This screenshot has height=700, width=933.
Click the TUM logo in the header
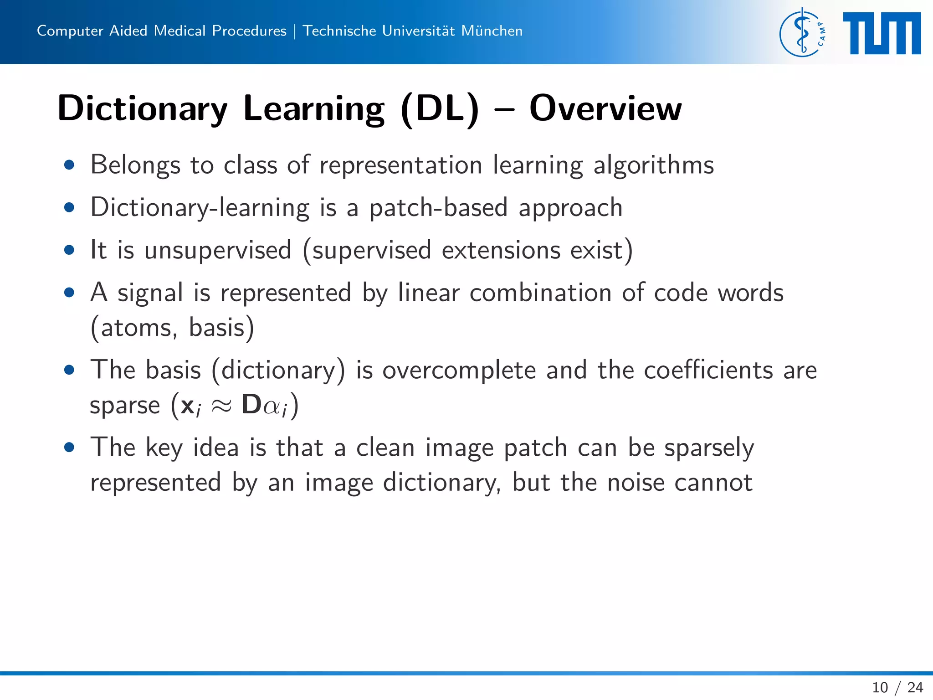click(882, 33)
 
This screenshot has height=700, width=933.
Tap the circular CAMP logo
click(802, 33)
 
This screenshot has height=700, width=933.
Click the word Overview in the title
click(605, 108)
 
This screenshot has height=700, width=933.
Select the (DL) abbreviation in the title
click(440, 108)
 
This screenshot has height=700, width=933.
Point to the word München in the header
click(492, 31)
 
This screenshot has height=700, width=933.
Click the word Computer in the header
click(70, 31)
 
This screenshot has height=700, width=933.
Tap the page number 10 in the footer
click(880, 687)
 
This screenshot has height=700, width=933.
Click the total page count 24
click(915, 687)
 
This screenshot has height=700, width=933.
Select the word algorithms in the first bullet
click(653, 165)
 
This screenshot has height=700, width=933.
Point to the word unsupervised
click(218, 250)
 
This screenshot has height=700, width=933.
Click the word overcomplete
click(459, 370)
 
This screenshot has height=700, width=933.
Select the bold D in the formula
click(251, 404)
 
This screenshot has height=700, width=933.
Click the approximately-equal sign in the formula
click(221, 405)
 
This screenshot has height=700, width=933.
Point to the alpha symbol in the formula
click(272, 406)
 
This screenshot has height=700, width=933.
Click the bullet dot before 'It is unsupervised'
click(69, 250)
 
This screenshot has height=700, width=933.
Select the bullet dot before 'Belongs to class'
click(69, 165)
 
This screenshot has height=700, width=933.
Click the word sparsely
click(709, 448)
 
